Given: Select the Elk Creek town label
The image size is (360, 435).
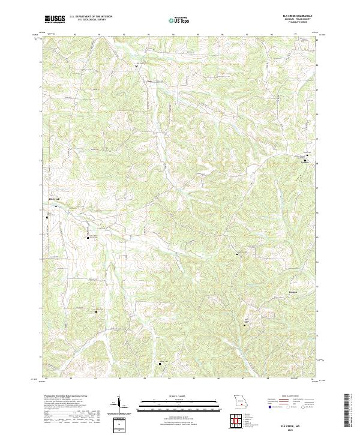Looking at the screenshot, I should coord(54,199).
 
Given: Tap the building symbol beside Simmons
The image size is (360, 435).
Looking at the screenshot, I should coord(304,160).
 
